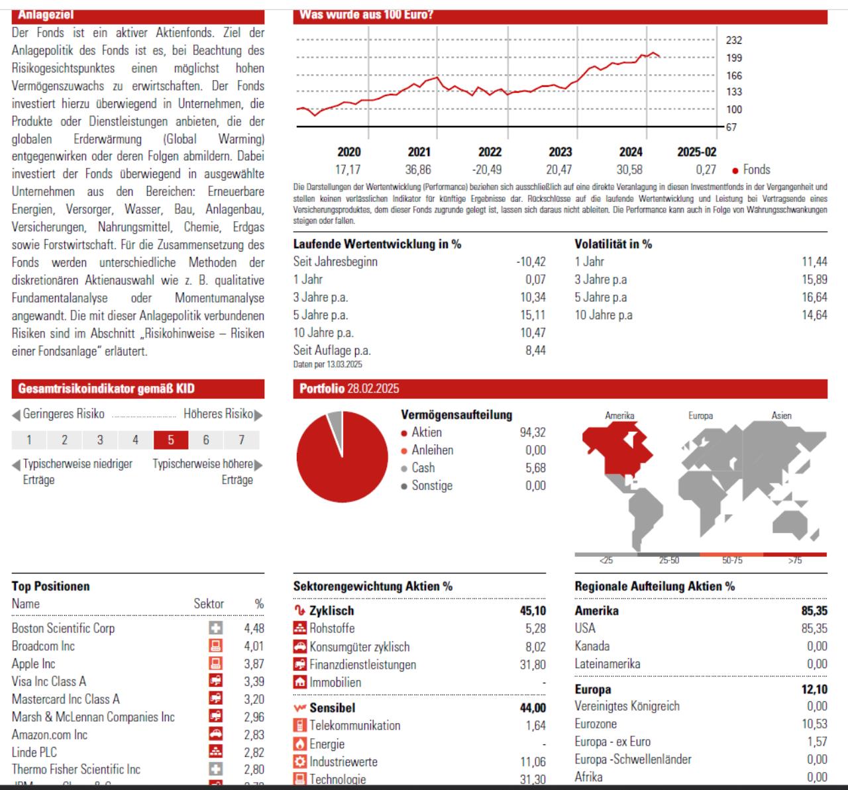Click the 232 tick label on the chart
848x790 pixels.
pos(733,40)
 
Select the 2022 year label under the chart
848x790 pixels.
pos(490,152)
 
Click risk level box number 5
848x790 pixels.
pos(171,440)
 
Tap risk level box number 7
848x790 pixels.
pos(241,440)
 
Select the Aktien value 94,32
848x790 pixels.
pos(533,432)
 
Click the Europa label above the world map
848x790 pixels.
pos(700,416)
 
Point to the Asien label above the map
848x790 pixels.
pos(781,416)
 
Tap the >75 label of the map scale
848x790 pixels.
pos(795,560)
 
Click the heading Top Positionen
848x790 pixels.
pos(50,586)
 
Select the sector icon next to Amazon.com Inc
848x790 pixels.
pos(215,734)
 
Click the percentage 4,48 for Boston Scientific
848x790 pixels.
pos(254,628)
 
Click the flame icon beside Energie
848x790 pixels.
pos(299,744)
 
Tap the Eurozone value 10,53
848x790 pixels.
pos(814,724)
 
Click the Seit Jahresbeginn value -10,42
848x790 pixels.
pos(531,262)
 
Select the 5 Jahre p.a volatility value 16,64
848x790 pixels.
pos(814,297)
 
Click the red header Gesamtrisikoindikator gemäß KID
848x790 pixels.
pos(107,389)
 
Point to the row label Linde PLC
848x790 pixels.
pos(34,752)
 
